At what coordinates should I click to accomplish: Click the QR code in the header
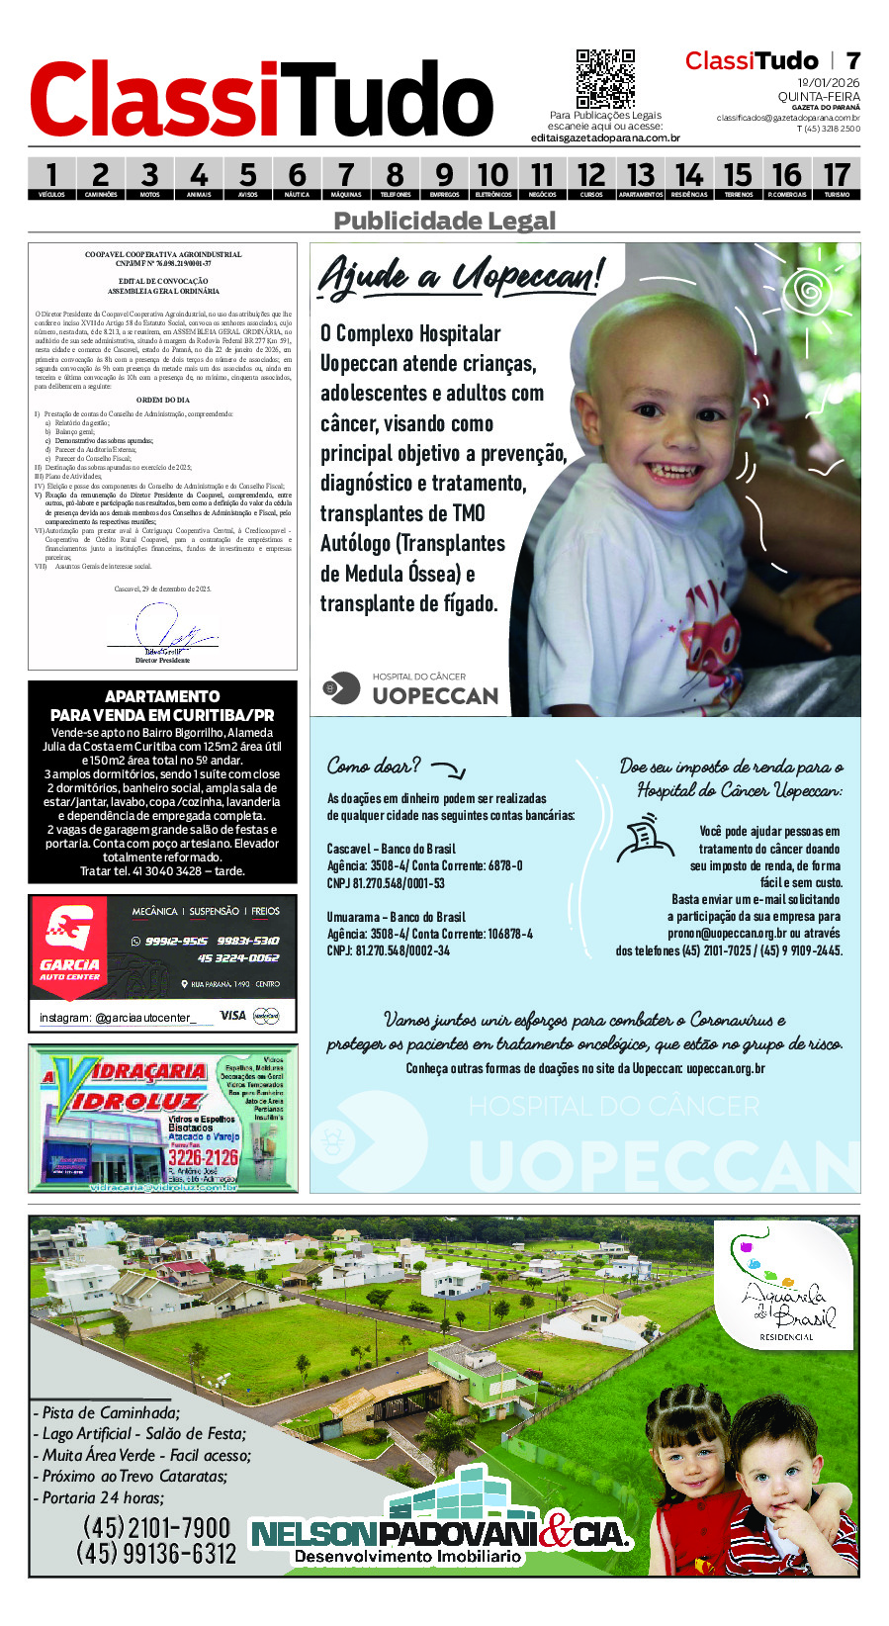tap(605, 79)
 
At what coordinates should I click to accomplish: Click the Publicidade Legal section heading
tap(444, 221)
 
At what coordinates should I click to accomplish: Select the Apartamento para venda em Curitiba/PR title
tap(162, 705)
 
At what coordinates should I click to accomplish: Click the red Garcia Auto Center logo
tap(69, 940)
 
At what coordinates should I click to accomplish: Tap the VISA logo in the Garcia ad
tap(232, 1015)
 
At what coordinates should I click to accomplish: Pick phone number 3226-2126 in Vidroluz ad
tap(203, 1157)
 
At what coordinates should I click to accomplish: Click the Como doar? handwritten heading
tap(374, 766)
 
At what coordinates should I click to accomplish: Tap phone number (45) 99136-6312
tap(156, 1554)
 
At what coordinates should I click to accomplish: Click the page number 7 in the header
tap(852, 60)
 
